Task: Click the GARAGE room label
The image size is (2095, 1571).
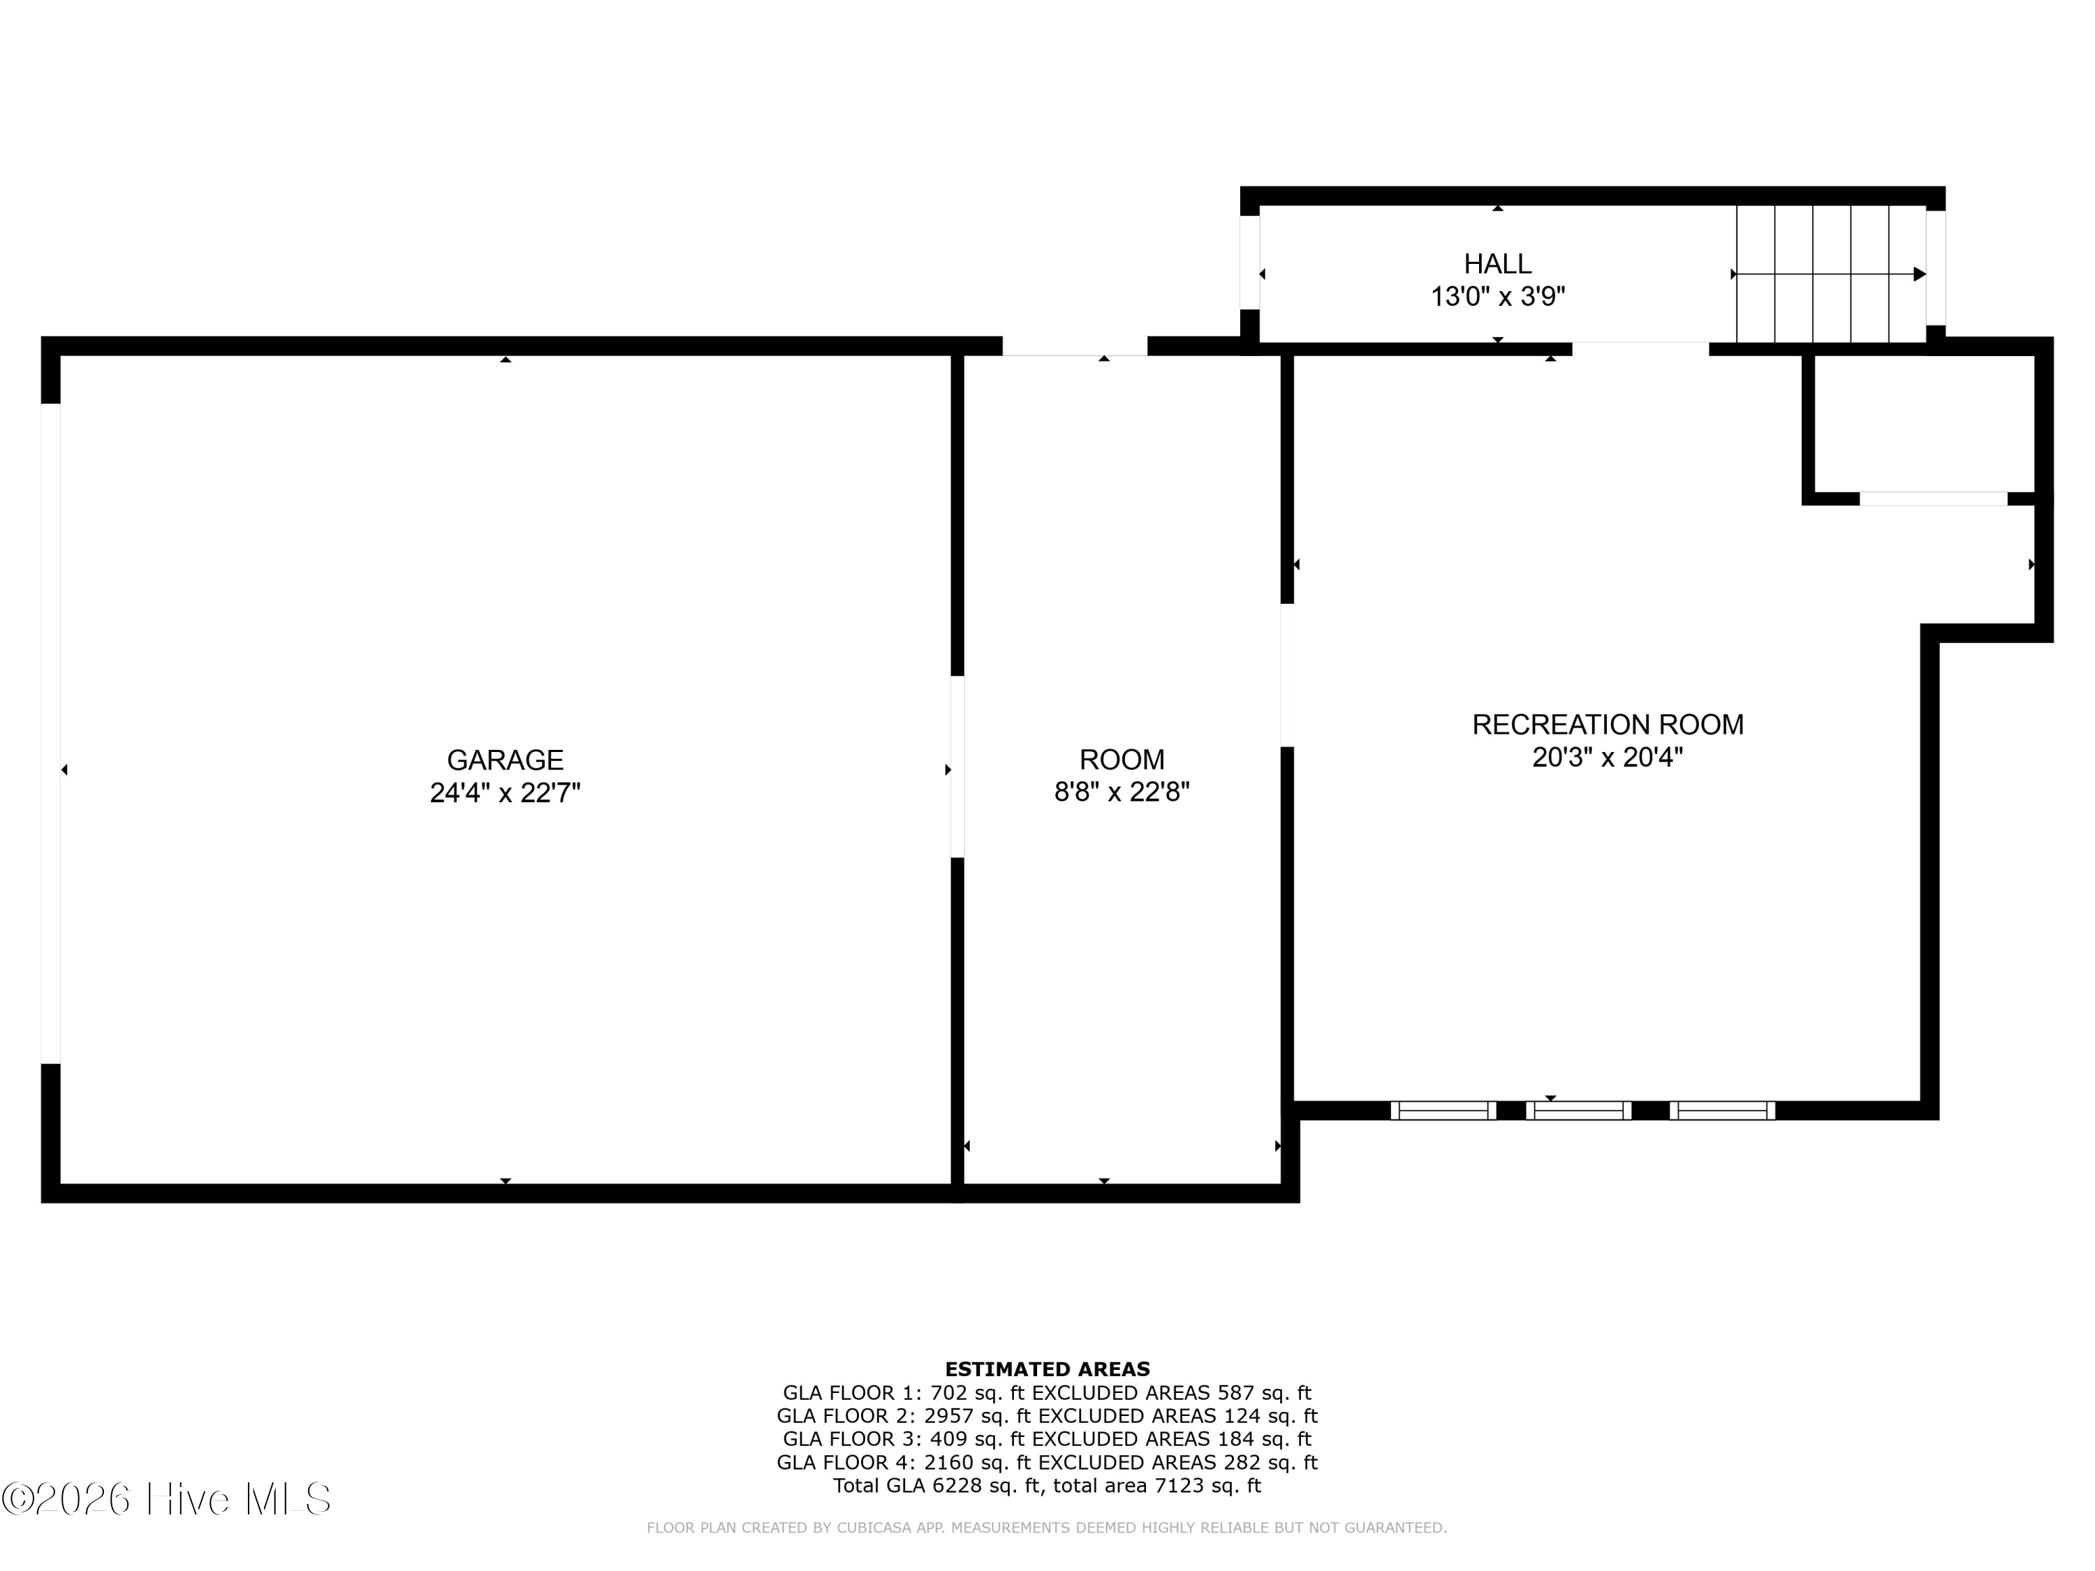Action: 505,760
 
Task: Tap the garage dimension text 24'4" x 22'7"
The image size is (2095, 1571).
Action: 505,792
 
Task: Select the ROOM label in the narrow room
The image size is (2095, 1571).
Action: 1122,760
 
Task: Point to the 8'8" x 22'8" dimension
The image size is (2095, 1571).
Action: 1122,792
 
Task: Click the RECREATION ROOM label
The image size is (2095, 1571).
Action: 1608,725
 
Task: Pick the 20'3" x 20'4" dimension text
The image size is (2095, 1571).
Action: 1608,758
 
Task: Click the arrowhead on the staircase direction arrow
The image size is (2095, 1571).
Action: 1919,274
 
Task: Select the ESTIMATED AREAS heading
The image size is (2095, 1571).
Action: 1047,1369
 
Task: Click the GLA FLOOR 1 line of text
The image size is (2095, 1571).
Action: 1047,1393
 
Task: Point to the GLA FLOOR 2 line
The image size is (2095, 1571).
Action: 1047,1416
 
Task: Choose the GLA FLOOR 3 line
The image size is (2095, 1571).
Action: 1047,1439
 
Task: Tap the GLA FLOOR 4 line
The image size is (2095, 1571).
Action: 1047,1462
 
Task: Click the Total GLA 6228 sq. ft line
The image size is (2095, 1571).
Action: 1047,1486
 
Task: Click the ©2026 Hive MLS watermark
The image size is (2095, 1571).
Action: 167,1499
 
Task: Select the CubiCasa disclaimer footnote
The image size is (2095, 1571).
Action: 1047,1528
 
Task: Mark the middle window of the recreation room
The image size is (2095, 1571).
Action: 1579,1111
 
